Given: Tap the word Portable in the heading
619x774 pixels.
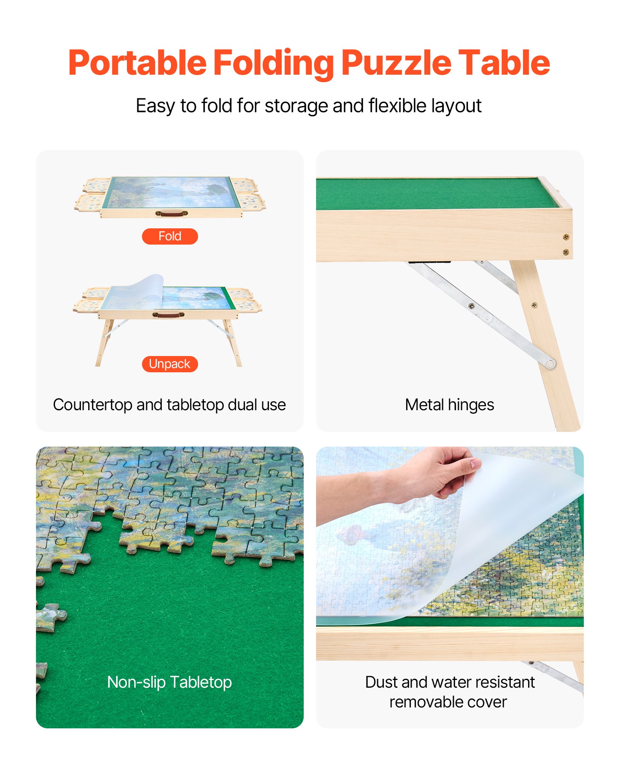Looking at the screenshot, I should coord(137,63).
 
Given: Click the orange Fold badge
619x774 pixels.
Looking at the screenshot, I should coord(170,236).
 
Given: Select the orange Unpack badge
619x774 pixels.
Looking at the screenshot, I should coord(170,364).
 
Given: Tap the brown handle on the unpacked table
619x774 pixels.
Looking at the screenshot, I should coord(168,315).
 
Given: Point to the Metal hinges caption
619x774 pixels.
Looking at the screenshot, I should coord(449,405).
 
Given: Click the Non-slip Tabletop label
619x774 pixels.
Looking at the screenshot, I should coord(169,682).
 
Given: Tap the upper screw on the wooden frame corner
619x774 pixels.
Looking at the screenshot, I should coord(566,237).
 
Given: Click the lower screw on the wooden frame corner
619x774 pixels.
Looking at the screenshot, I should coord(566,252).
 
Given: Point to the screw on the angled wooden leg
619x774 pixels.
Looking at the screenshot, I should coord(534,305).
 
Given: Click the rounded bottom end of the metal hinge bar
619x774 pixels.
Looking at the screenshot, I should coord(550,363).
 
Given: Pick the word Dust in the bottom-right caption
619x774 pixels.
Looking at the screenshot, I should coord(381,682).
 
